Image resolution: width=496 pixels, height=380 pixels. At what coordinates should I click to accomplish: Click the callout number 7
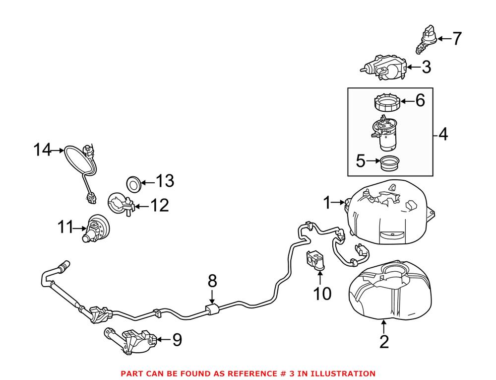pyautogui.click(x=456, y=39)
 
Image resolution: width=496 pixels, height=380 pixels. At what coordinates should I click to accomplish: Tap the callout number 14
pyautogui.click(x=43, y=150)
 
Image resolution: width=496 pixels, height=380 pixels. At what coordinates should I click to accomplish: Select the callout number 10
pyautogui.click(x=322, y=294)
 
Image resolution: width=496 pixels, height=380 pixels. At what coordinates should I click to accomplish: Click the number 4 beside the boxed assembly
pyautogui.click(x=442, y=134)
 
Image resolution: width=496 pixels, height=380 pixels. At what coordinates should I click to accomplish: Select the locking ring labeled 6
pyautogui.click(x=387, y=103)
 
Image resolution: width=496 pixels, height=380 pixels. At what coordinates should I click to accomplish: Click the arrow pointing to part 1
pyautogui.click(x=339, y=202)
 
